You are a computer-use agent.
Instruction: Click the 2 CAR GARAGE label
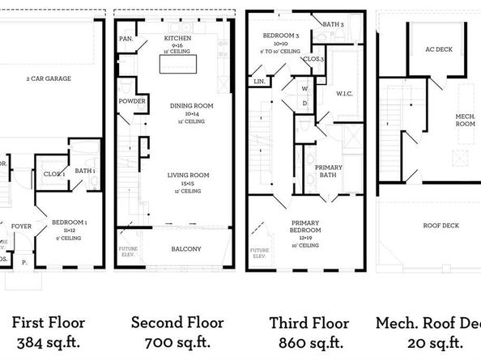point(49,78)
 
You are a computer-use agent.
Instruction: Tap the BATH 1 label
point(84,171)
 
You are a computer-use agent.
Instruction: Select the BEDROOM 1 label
point(70,221)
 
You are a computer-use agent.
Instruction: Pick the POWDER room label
point(131,102)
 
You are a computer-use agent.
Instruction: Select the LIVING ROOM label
point(189,175)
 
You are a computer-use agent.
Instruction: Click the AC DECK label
point(436,49)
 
